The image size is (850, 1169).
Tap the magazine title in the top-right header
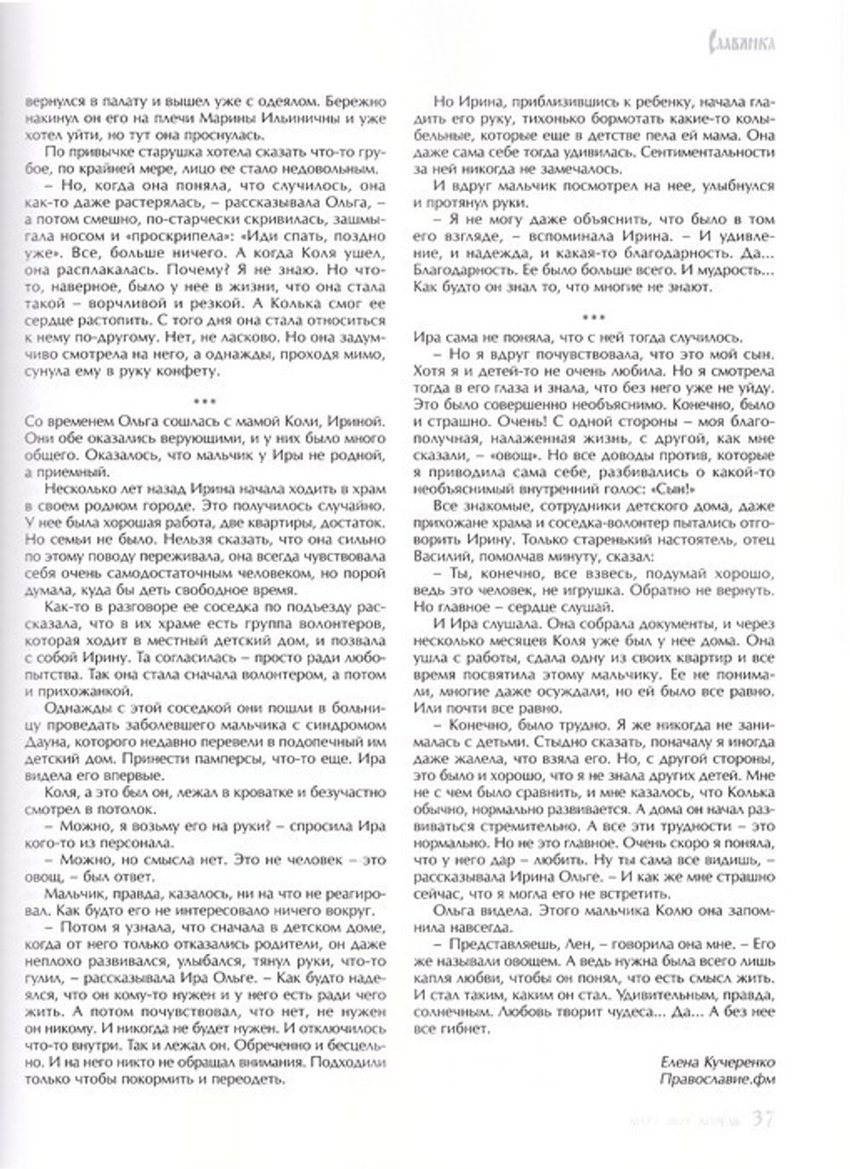tap(740, 44)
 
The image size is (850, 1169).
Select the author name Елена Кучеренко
tap(717, 1062)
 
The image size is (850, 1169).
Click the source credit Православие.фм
tap(722, 1080)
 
